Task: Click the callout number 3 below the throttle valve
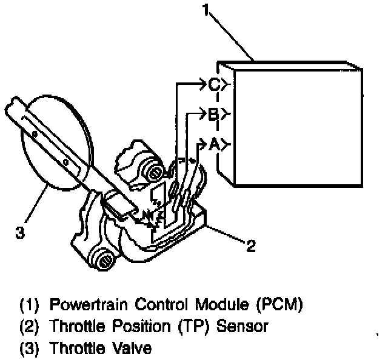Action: point(20,232)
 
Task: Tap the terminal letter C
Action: point(214,85)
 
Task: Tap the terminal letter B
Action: point(213,115)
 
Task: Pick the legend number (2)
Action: point(28,327)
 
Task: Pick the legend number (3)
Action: point(28,350)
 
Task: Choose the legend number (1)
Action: point(28,303)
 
